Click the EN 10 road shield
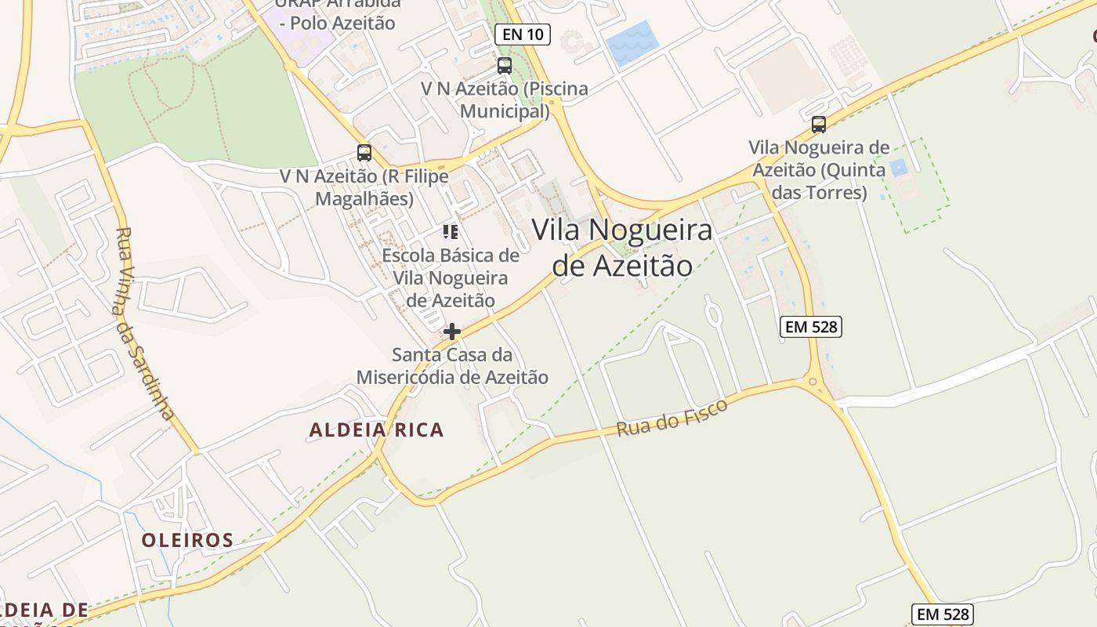pos(523,34)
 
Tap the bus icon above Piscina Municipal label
pos(505,66)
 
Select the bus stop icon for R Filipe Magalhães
pos(364,153)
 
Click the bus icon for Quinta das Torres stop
pos(819,125)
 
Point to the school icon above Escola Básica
pos(451,231)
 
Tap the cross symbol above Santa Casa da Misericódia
pos(452,332)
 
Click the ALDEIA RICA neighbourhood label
pos(376,429)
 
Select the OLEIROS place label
pos(187,540)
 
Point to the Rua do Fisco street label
pos(672,417)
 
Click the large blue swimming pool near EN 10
pos(632,44)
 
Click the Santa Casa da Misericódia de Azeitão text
pos(452,366)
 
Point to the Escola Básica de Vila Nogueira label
pos(451,277)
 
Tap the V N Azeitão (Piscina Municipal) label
pos(504,100)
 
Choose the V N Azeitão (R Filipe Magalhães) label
pos(364,187)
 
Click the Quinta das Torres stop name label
pos(819,169)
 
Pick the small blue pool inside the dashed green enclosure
pos(898,167)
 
